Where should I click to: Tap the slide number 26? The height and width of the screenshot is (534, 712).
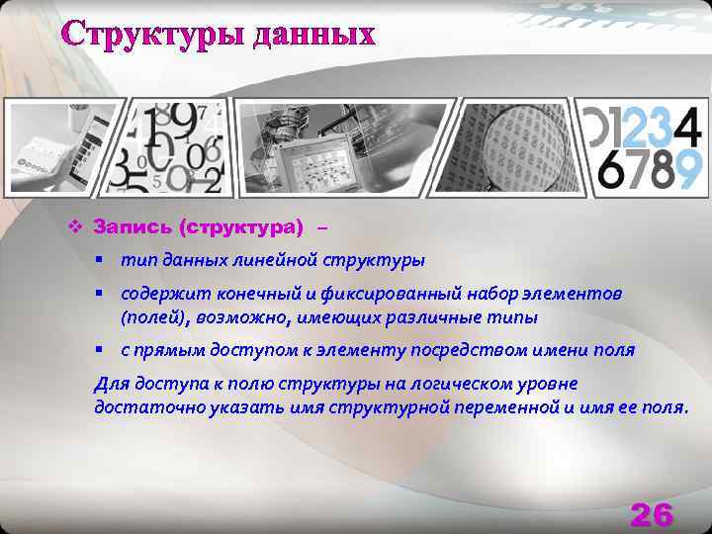click(651, 514)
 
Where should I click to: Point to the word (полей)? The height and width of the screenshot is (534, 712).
click(154, 317)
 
